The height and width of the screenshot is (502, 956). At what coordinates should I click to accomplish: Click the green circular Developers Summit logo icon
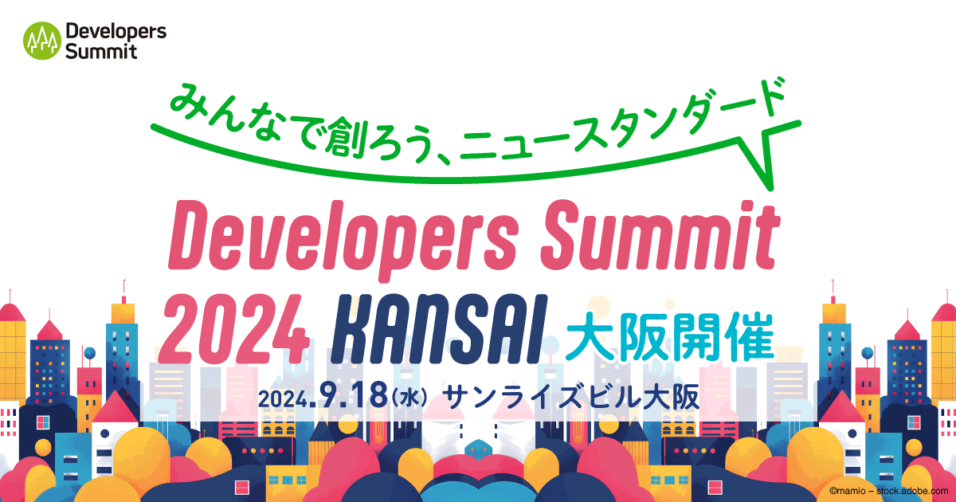pos(42,40)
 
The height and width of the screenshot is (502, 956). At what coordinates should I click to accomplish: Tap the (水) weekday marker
pos(411,397)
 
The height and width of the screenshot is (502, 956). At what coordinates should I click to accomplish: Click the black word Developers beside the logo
pos(116,32)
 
